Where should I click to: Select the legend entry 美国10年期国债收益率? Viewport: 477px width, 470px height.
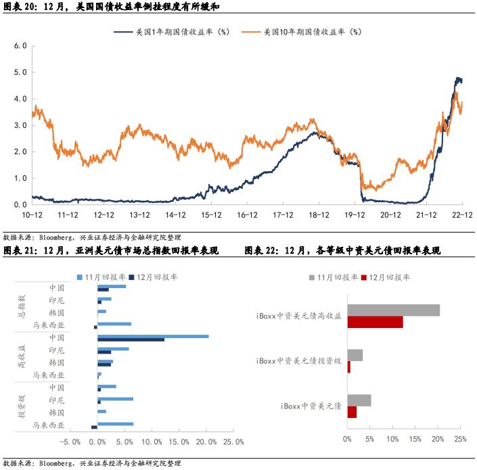312,32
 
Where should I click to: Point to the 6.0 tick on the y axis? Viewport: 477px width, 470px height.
20,46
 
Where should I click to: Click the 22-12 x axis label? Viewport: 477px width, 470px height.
462,214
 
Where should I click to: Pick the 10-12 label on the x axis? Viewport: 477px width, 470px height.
32,214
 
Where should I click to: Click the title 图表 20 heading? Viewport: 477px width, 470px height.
111,6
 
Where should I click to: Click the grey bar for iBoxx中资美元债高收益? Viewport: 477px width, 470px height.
393,310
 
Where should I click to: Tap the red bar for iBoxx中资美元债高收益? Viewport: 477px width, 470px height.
375,322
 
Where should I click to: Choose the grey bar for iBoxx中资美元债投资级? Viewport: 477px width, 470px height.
355,355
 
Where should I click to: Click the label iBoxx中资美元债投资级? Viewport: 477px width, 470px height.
299,361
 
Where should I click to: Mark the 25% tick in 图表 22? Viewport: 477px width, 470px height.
460,440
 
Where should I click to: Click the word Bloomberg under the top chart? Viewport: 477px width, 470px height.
57,237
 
